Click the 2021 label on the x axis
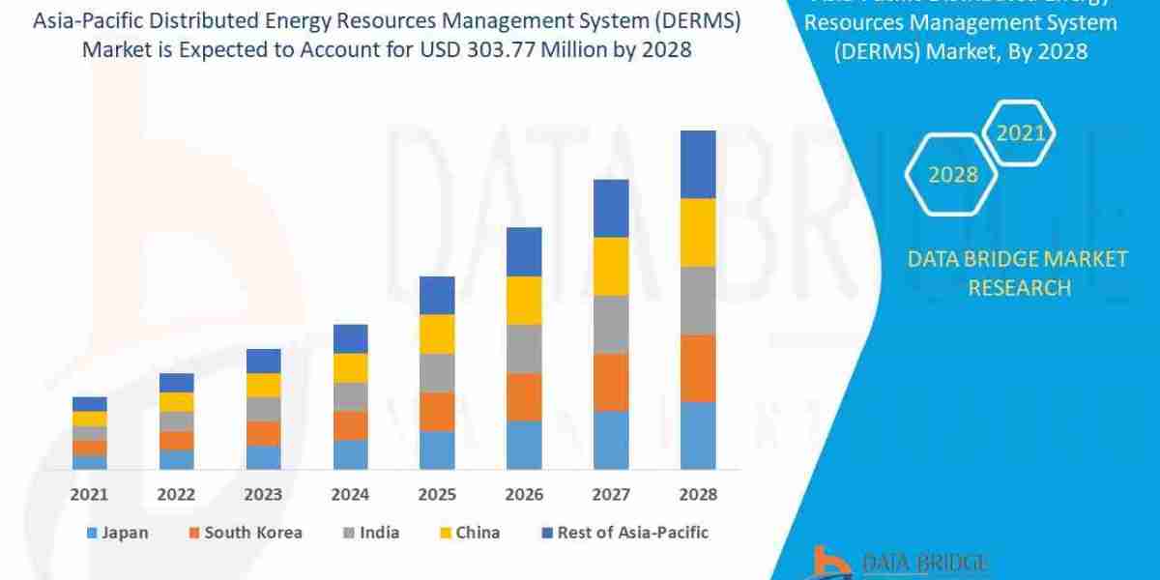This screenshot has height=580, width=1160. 89,494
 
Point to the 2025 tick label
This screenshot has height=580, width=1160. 437,494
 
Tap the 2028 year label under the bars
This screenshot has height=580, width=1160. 698,494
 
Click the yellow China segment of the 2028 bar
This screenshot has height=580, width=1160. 698,232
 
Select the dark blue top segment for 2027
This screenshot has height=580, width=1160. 611,208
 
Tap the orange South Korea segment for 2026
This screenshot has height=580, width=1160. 524,396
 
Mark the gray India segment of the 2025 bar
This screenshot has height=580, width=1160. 437,372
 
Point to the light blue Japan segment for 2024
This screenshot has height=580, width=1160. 350,454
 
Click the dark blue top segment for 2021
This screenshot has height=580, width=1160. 89,403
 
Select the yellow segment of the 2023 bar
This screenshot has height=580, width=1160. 263,385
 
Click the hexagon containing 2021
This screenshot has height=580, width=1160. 1021,133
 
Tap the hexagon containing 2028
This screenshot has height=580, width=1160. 952,175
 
